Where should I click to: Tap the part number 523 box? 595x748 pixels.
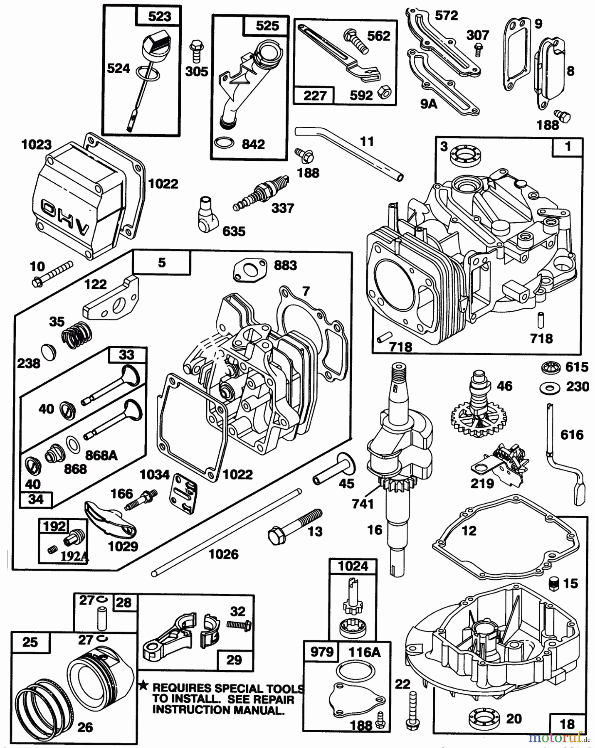159,17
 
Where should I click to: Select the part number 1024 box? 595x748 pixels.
353,566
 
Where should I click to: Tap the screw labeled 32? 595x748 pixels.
238,624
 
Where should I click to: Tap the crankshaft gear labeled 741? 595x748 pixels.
391,485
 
